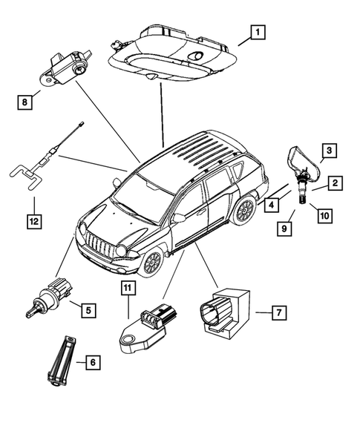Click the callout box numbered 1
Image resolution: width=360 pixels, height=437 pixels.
pos(257,32)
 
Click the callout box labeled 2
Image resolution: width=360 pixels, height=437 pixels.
pos(336,183)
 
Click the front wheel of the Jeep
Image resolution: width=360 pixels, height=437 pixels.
pos(151,262)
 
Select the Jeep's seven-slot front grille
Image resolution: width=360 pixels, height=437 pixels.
pos(99,244)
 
